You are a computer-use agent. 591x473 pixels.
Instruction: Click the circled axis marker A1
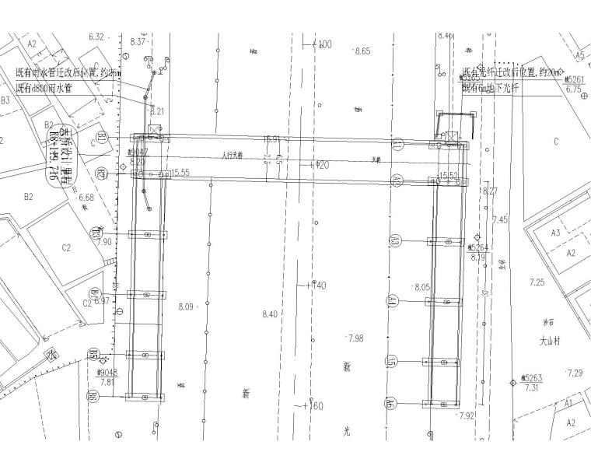[x=397, y=145]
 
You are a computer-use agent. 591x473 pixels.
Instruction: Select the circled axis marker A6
[x=390, y=403]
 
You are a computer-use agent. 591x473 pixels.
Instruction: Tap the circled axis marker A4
[x=393, y=302]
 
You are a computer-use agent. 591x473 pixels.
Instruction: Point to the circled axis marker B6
[x=93, y=398]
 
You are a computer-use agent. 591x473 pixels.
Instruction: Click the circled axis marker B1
[x=102, y=141]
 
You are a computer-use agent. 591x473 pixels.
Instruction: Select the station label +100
[x=321, y=44]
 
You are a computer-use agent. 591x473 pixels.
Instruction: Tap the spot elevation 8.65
[x=362, y=51]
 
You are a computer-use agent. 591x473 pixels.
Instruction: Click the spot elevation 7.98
[x=357, y=338]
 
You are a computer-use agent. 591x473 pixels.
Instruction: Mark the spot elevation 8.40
[x=271, y=314]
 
